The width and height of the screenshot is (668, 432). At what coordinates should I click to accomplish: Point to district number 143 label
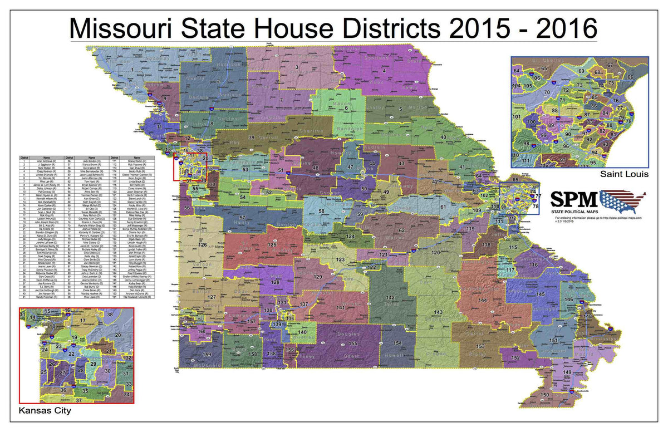pos(438,312)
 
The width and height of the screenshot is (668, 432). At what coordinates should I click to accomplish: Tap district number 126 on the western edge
pos(203,245)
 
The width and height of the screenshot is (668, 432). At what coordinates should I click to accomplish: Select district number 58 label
pos(321,212)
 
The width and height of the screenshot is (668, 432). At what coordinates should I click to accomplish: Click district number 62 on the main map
pos(401,230)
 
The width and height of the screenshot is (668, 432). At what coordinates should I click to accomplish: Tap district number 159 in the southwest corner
pos(207,354)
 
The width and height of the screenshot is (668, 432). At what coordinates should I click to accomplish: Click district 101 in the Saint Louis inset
pos(517,116)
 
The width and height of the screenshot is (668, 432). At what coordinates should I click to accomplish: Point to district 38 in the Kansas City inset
pos(109,315)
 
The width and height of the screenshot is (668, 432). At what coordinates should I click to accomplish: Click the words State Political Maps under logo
pos(575,212)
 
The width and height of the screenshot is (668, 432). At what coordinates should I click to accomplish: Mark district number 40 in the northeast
pos(443,137)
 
